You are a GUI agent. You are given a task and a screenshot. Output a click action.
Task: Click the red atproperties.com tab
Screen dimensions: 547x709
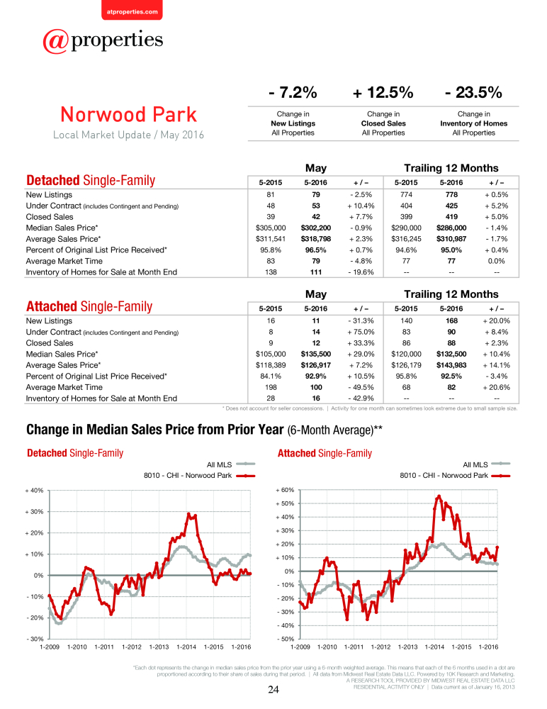pyautogui.click(x=132, y=10)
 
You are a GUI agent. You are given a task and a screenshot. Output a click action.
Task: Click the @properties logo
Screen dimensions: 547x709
pyautogui.click(x=103, y=41)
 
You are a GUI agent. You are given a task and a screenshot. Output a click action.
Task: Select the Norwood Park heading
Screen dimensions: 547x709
pyautogui.click(x=129, y=114)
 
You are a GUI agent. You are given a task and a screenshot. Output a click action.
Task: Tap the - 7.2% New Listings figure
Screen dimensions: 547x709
pyautogui.click(x=293, y=92)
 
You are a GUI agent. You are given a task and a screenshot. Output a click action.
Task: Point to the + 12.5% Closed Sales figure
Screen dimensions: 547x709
pyautogui.click(x=383, y=92)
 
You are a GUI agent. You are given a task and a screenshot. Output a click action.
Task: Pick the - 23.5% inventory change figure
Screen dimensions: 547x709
pyautogui.click(x=473, y=92)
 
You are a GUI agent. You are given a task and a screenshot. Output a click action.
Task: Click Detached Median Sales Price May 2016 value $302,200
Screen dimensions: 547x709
pyautogui.click(x=315, y=228)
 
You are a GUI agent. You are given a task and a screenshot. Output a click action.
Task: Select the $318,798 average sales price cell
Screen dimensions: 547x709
pyautogui.click(x=315, y=239)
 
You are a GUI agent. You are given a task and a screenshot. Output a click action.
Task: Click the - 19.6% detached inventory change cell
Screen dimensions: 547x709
pyautogui.click(x=361, y=272)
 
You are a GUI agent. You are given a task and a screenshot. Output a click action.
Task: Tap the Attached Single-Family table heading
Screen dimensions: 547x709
pyautogui.click(x=89, y=306)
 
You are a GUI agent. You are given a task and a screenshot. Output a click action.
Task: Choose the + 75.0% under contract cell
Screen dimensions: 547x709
pyautogui.click(x=361, y=332)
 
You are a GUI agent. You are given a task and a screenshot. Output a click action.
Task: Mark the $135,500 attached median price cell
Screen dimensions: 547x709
pyautogui.click(x=315, y=354)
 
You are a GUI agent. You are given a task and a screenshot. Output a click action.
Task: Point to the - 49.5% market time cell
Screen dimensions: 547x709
pyautogui.click(x=361, y=388)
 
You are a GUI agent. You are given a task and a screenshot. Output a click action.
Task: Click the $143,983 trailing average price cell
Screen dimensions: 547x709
pyautogui.click(x=451, y=365)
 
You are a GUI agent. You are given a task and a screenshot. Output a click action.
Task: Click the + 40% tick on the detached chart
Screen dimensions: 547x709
pyautogui.click(x=34, y=491)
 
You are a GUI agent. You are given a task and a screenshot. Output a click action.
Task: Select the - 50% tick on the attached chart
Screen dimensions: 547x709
pyautogui.click(x=286, y=639)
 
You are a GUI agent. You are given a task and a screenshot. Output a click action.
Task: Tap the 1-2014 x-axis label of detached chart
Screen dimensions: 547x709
pyautogui.click(x=186, y=647)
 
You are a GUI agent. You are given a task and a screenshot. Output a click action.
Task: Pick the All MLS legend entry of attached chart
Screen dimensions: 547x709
pyautogui.click(x=487, y=464)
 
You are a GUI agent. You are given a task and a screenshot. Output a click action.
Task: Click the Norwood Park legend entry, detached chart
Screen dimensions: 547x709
pyautogui.click(x=199, y=476)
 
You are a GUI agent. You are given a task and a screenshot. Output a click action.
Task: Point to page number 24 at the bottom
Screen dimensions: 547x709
pyautogui.click(x=273, y=690)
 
